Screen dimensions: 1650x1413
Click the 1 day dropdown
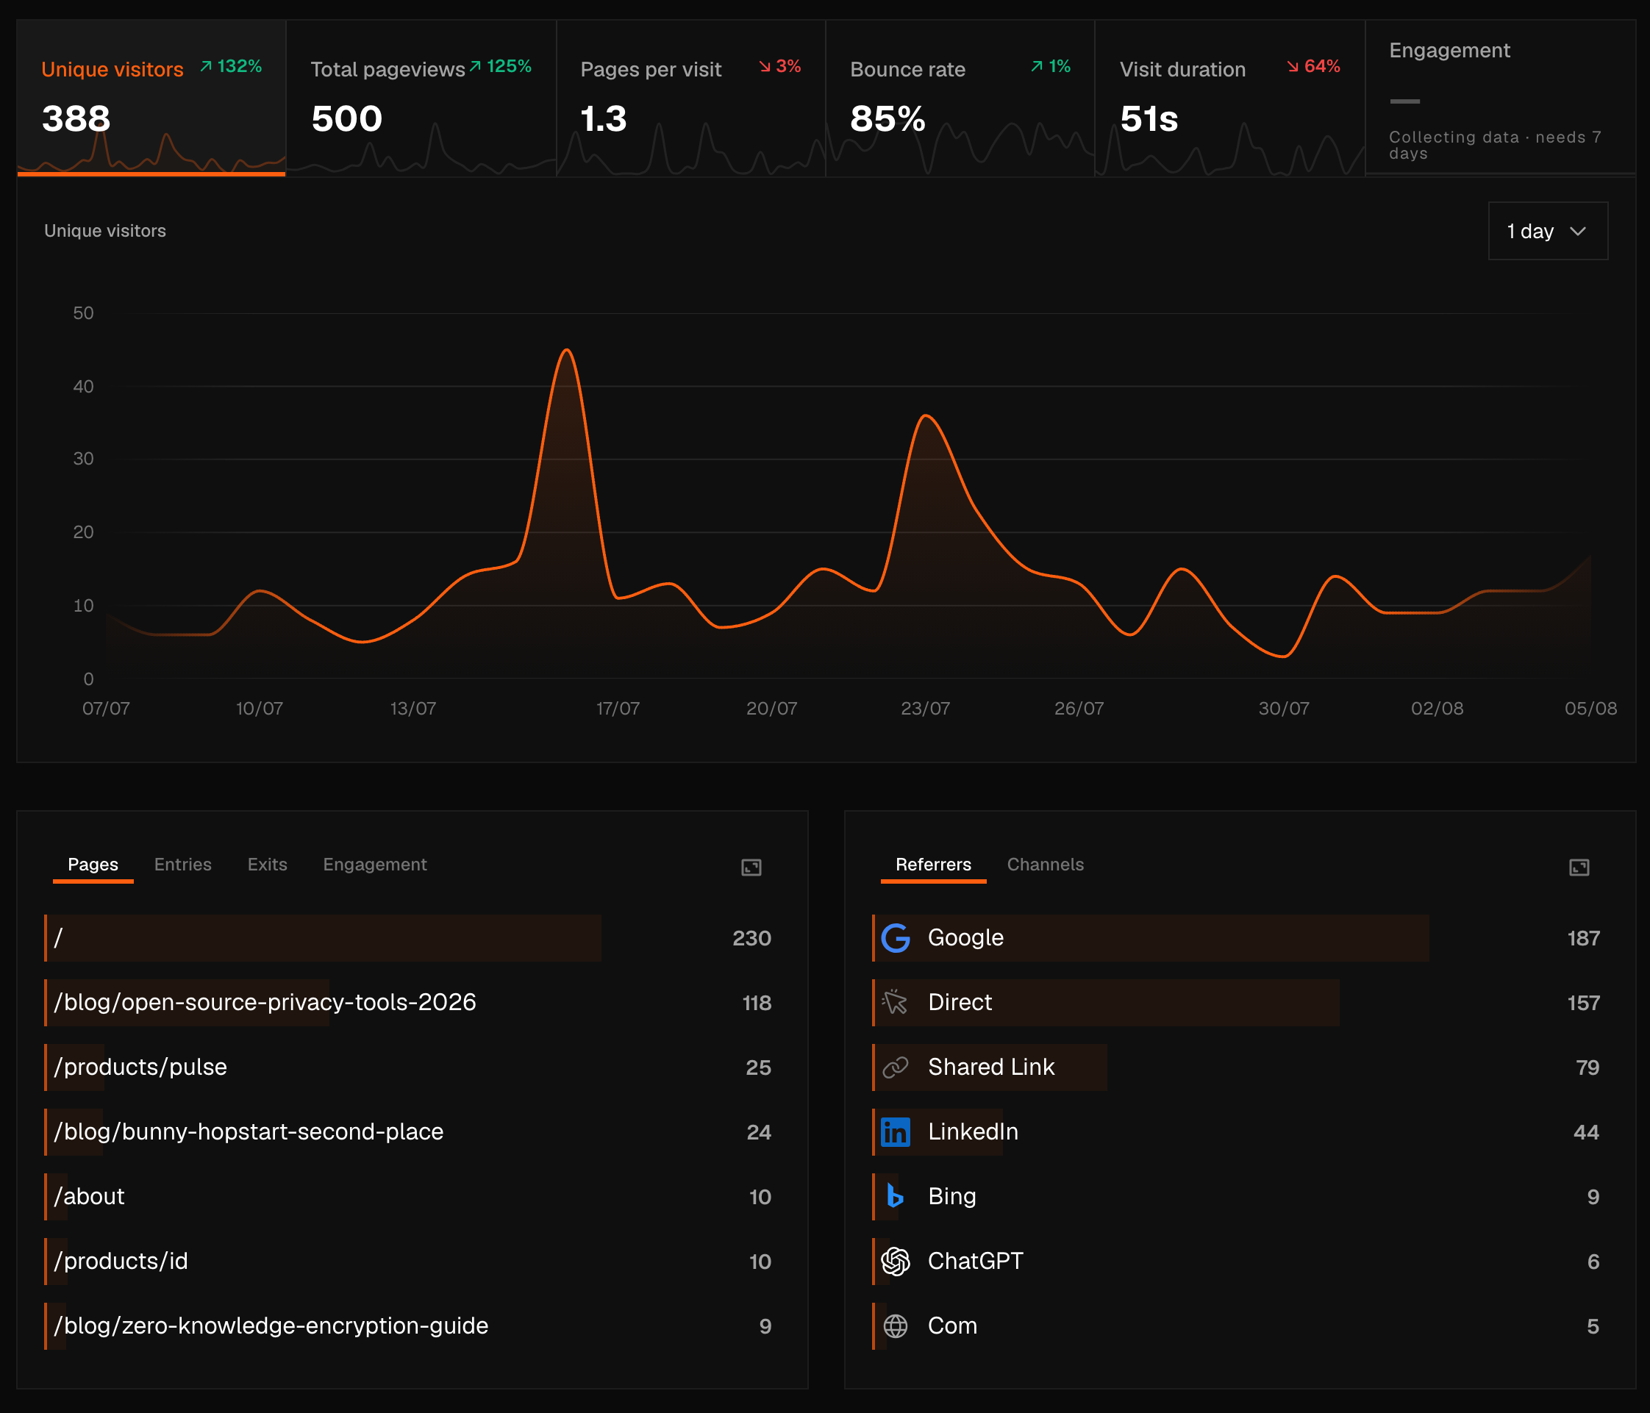coord(1547,231)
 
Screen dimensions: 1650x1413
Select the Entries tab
coord(183,865)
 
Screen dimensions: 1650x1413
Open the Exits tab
coord(268,865)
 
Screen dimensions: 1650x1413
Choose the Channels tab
coord(1045,865)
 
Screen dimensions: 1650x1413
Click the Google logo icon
coord(896,939)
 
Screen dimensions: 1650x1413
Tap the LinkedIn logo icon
coord(896,1132)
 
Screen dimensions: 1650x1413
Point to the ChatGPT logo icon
coord(896,1261)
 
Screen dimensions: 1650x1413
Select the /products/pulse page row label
coord(140,1067)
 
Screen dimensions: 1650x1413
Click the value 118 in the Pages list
coord(757,1003)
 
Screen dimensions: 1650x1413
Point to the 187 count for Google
coord(1583,939)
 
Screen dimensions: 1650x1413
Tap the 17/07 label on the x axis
coord(618,709)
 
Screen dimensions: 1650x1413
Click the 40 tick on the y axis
coord(84,386)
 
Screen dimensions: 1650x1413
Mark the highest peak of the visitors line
coord(566,350)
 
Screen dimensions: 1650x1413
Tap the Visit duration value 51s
coord(1149,118)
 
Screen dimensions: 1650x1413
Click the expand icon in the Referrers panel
coord(1579,867)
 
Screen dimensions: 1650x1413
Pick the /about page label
coord(89,1196)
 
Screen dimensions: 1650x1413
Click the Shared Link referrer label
coord(991,1067)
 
